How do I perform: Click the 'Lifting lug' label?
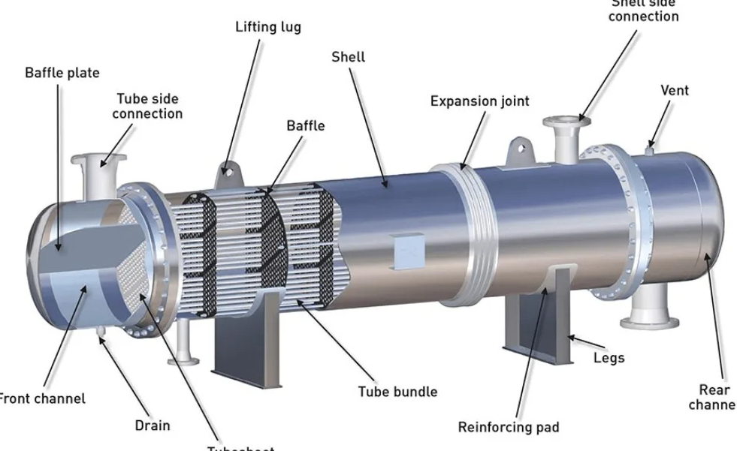[268, 27]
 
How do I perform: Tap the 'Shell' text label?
[348, 57]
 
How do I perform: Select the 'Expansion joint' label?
[479, 101]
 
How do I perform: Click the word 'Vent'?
[674, 90]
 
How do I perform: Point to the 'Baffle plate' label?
[62, 73]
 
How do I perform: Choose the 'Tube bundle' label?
[397, 391]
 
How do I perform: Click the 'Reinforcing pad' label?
[509, 427]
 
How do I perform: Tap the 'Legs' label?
[608, 358]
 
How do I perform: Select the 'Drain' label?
[152, 425]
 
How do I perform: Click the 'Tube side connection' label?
[149, 106]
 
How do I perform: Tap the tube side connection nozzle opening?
[92, 160]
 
